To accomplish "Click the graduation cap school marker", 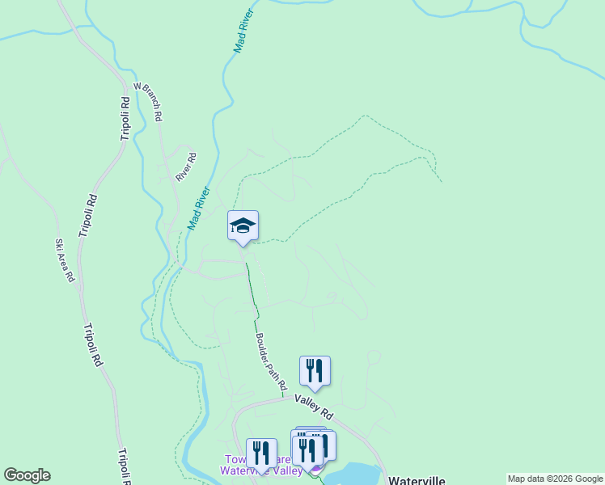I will (243, 226).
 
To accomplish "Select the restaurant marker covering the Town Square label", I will (260, 454).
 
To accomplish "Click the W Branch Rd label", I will (149, 101).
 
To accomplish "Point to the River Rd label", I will (186, 167).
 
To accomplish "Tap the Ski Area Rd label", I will (65, 260).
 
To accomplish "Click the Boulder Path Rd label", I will (270, 363).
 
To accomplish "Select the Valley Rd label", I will (313, 406).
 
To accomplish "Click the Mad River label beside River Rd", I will (199, 209).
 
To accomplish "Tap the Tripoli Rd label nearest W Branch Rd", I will (125, 119).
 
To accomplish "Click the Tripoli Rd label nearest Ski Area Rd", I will (88, 215).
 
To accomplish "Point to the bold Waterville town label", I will (417, 479).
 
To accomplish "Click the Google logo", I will (27, 475).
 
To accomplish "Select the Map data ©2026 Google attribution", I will (556, 479).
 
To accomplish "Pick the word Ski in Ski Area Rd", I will (59, 245).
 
